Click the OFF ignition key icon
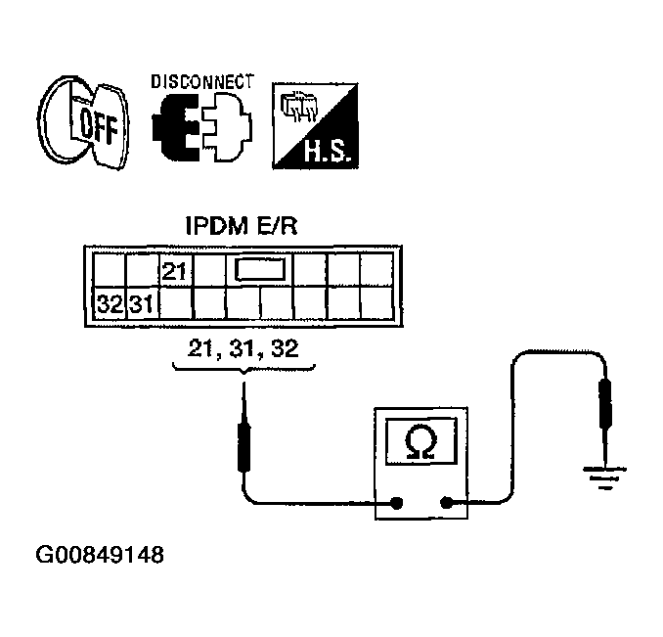click(x=84, y=122)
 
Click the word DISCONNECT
click(x=202, y=81)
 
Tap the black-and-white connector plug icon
click(x=202, y=127)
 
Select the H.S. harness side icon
click(x=316, y=125)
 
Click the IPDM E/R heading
click(x=242, y=226)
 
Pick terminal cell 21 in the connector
click(x=176, y=270)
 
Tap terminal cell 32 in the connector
click(x=110, y=303)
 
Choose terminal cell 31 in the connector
click(x=143, y=303)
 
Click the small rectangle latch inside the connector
click(x=259, y=269)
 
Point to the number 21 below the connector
click(x=201, y=348)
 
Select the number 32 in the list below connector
click(x=285, y=348)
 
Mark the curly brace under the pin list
click(x=243, y=369)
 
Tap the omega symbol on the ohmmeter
click(x=420, y=442)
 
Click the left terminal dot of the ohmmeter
click(x=396, y=503)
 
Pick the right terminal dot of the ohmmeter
click(x=446, y=503)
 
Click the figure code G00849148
click(x=100, y=555)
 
